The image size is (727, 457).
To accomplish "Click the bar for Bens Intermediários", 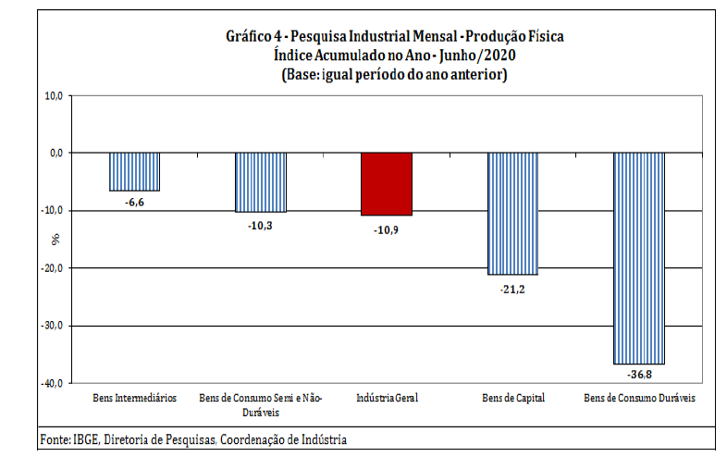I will pos(135,171).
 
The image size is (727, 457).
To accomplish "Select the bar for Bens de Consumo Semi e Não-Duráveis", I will pos(261,182).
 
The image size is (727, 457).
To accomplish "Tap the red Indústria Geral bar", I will pos(387,183).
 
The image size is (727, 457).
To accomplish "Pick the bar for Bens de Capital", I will pos(512,214).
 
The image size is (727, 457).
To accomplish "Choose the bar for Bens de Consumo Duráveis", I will pos(639,258).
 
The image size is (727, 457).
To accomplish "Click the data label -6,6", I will pos(135,202).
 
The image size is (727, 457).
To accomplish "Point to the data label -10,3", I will pos(261,224).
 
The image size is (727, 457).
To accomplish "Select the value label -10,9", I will pos(387,228).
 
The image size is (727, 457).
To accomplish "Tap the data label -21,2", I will pos(512,288).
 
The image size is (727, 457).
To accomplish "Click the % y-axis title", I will pos(55,239).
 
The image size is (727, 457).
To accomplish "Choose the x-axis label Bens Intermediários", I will pos(135,398).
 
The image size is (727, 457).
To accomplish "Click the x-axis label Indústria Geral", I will pos(387,398).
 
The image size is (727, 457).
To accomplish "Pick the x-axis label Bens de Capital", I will pos(513,398).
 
